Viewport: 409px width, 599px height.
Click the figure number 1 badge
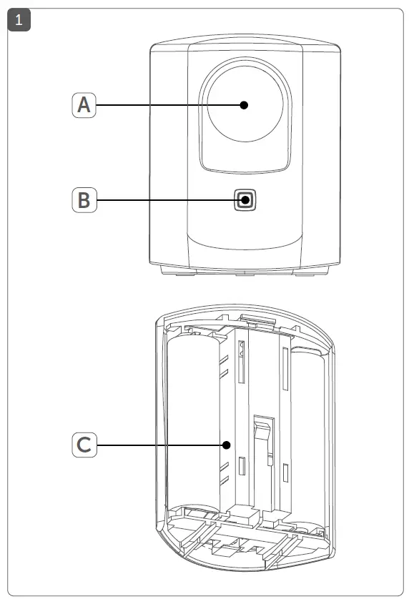coord(18,19)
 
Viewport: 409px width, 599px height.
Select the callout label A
coord(84,105)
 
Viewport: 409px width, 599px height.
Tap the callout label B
coord(84,200)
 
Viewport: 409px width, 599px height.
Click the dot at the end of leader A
coord(244,105)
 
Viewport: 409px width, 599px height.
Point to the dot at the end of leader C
coord(226,445)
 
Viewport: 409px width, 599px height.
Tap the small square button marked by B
coord(245,200)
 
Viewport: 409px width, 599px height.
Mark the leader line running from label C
coord(157,445)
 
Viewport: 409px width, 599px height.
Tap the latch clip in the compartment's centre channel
coord(261,436)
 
